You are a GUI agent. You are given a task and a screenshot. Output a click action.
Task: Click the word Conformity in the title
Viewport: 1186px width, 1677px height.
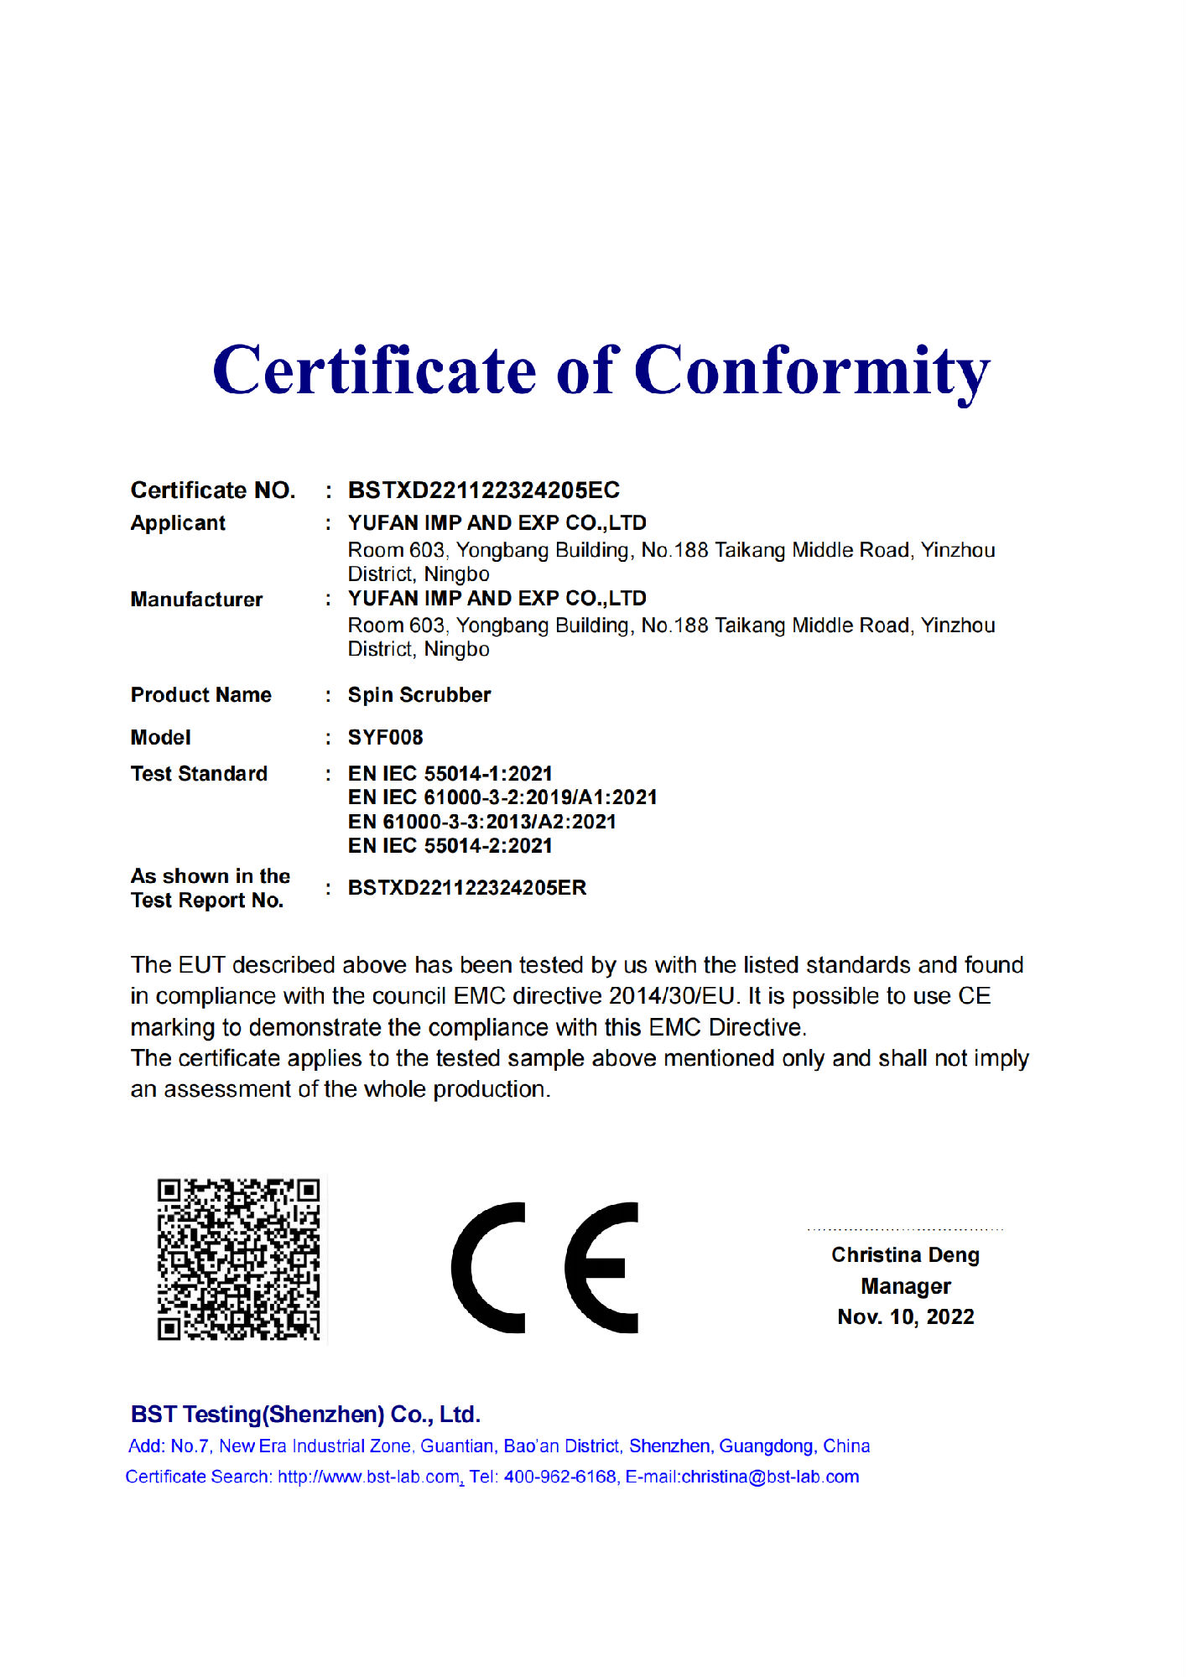(x=811, y=371)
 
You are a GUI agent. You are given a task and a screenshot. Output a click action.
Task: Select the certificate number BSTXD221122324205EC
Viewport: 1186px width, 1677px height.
(x=484, y=490)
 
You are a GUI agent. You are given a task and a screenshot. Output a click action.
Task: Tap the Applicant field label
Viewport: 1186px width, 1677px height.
(x=178, y=523)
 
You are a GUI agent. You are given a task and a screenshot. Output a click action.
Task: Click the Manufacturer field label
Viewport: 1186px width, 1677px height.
(x=196, y=600)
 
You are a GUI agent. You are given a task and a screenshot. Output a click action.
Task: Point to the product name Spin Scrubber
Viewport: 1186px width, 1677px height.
(x=419, y=695)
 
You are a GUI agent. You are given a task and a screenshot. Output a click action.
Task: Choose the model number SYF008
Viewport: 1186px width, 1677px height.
(x=385, y=738)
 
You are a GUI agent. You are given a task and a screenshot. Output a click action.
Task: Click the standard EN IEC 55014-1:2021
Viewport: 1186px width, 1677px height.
(x=450, y=773)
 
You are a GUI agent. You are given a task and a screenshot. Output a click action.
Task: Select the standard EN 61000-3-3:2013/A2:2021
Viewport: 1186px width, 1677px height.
(x=482, y=822)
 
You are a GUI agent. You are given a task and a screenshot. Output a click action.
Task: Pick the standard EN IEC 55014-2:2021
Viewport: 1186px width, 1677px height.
(x=450, y=846)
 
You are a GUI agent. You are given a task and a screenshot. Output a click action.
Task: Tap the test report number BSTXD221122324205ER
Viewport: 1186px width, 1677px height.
(x=467, y=888)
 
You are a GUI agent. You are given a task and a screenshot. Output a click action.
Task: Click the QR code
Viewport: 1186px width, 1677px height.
(x=239, y=1259)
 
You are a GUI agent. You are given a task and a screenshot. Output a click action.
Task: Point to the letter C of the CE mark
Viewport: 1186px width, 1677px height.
(x=488, y=1268)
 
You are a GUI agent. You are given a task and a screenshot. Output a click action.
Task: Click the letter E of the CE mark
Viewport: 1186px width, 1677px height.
(x=601, y=1268)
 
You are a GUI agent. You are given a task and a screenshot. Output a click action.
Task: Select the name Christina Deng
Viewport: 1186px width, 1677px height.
(x=905, y=1255)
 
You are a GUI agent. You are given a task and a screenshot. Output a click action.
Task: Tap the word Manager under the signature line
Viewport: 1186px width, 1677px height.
(x=905, y=1286)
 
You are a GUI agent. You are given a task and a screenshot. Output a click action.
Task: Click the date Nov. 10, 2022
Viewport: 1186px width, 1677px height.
(x=905, y=1317)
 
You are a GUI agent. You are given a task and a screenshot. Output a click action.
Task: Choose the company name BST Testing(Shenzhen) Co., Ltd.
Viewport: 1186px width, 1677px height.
(x=305, y=1415)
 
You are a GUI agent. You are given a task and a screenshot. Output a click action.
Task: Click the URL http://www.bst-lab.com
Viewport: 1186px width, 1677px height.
(x=369, y=1477)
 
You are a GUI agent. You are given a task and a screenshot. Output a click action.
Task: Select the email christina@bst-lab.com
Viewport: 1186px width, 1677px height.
(x=770, y=1477)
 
